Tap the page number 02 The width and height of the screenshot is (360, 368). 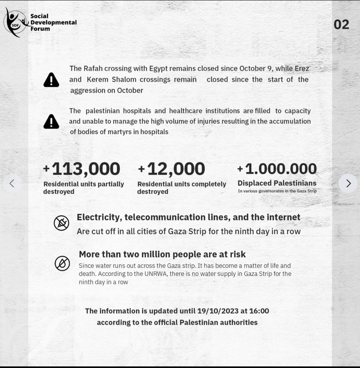341,24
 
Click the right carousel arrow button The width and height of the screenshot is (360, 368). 348,183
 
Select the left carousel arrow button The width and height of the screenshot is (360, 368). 12,183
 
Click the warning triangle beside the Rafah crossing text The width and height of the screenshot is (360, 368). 51,80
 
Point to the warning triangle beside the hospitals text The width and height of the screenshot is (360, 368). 51,122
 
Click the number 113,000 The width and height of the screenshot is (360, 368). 86,169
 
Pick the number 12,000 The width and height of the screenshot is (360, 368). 176,169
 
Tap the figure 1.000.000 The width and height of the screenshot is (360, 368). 281,169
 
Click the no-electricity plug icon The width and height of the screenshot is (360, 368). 61,223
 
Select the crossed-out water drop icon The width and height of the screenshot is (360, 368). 62,263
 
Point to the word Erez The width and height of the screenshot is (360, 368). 301,68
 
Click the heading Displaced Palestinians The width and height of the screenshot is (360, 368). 277,183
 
